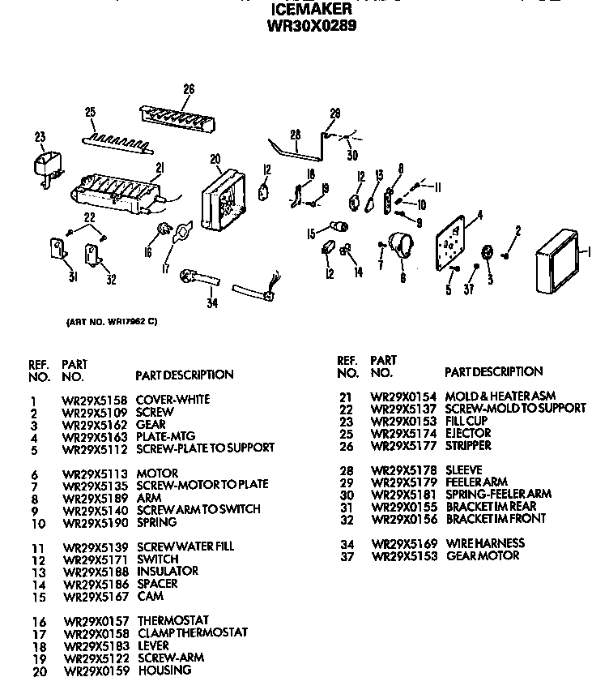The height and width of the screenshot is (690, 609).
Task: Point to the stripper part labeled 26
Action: [x=179, y=117]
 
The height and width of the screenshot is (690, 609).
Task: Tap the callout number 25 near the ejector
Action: [x=90, y=112]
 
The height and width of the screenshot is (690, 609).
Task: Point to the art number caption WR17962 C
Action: [x=110, y=322]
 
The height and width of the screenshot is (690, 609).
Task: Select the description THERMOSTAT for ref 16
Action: [x=173, y=620]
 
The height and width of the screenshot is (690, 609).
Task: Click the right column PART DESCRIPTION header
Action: [x=493, y=372]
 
